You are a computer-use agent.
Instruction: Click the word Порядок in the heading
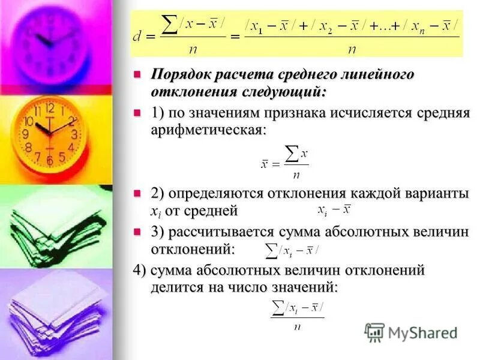click(181, 75)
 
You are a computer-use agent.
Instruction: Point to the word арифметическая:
click(208, 130)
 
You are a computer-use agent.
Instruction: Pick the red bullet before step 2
click(137, 193)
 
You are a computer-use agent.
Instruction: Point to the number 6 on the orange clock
click(49, 161)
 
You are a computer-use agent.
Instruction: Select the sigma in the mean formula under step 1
click(291, 154)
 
